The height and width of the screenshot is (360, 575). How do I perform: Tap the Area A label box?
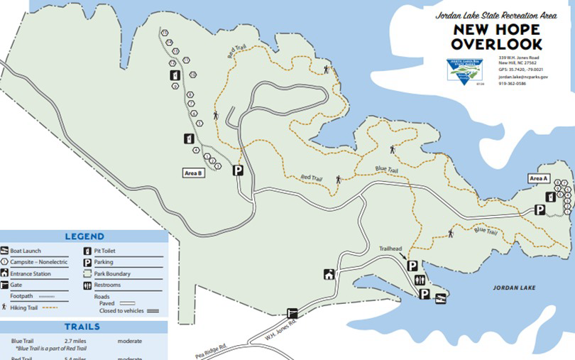click(539, 178)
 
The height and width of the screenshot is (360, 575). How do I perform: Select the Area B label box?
click(194, 173)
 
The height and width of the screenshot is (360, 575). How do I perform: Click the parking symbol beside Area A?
click(540, 209)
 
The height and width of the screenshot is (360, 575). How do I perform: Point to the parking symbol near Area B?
click(239, 170)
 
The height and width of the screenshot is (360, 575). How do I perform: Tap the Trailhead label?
click(390, 248)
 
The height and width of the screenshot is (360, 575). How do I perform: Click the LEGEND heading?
click(84, 236)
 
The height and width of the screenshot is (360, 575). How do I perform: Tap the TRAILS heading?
click(82, 327)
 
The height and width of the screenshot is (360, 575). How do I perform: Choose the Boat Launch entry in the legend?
click(26, 251)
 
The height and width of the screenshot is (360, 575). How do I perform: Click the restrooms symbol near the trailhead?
click(420, 279)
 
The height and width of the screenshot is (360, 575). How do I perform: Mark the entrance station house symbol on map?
click(329, 274)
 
